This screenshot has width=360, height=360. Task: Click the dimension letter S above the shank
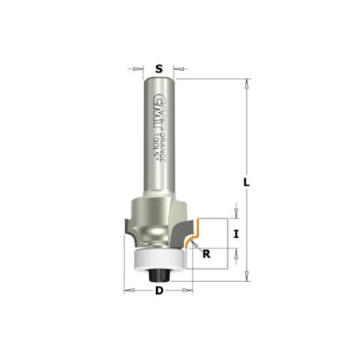158,69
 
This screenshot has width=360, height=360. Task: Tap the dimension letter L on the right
247,182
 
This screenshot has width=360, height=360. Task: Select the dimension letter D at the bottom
159,291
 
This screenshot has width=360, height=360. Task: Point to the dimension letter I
236,234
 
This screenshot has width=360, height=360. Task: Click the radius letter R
206,254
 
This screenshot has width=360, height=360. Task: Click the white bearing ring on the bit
159,260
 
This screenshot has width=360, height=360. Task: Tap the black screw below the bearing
158,275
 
